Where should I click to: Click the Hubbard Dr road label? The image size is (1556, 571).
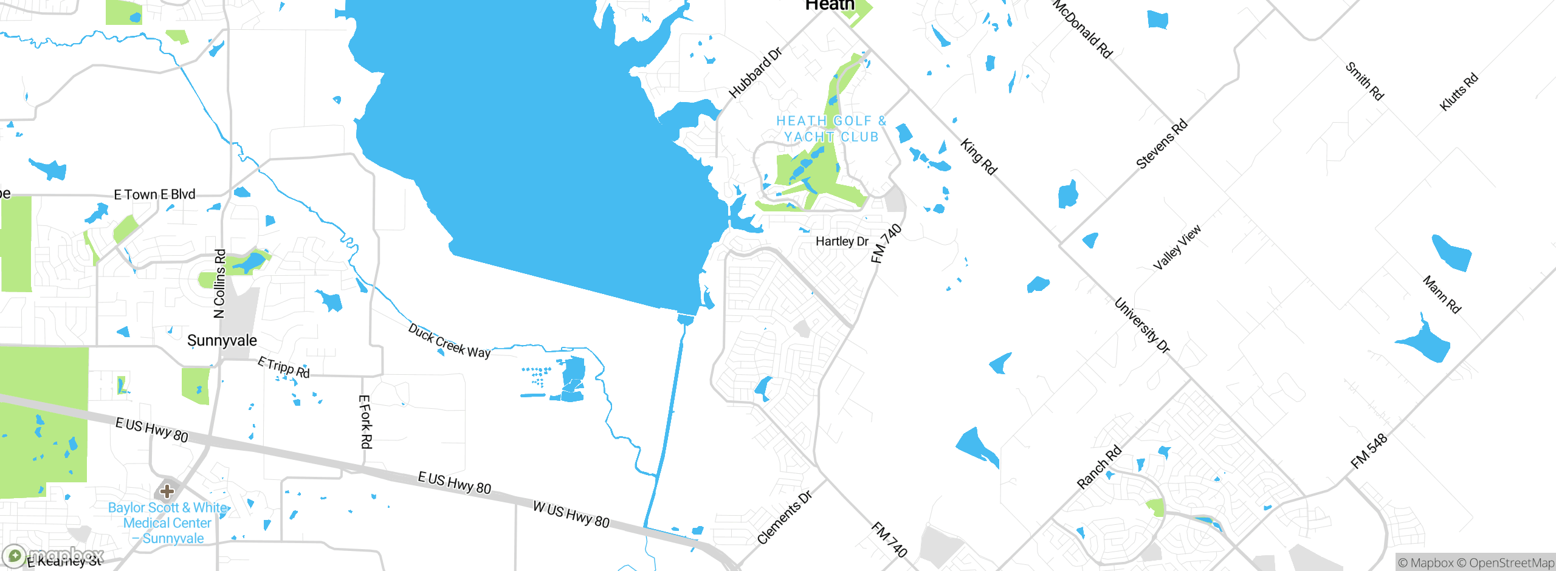point(755,73)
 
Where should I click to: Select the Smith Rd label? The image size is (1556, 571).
point(1365,81)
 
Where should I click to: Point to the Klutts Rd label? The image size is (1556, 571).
point(1458,92)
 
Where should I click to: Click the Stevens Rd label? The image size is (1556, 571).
point(1162,144)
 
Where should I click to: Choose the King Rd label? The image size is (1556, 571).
point(979,157)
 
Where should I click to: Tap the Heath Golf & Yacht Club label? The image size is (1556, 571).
point(831,129)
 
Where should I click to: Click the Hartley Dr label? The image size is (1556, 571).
point(842,241)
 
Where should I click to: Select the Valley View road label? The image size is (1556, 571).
point(1177,247)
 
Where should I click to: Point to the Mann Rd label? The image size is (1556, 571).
point(1442,295)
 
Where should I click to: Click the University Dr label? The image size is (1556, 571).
point(1142,325)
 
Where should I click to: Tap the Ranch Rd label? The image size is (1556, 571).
point(1099,467)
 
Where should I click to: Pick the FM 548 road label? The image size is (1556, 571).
point(1369,451)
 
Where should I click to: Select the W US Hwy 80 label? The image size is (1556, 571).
point(571,514)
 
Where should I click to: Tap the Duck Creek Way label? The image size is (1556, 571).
point(449,341)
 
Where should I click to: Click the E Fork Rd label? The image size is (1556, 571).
point(365,422)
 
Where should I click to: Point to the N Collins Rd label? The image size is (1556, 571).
point(219,284)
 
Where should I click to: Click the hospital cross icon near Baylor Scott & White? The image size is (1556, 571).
point(167,491)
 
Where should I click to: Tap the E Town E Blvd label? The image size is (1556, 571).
point(154,194)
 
